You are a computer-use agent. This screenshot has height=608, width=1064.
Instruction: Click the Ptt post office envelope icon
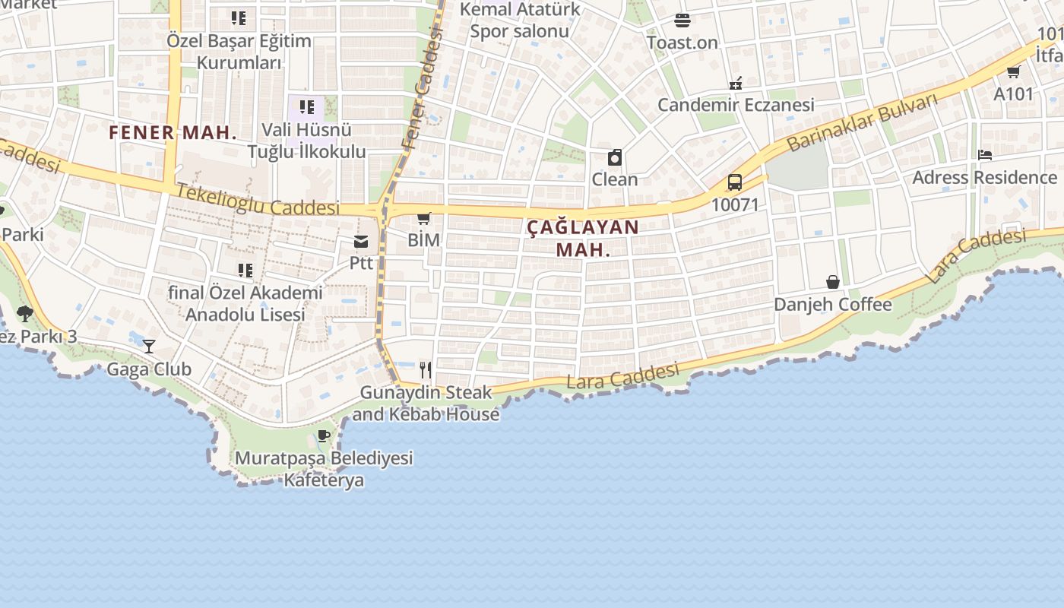[x=361, y=242]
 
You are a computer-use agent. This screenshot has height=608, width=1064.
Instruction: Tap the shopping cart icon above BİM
[x=424, y=219]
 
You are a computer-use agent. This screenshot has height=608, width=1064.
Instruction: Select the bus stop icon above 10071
[x=735, y=182]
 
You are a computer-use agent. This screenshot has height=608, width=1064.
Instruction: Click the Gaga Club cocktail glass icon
[x=149, y=347]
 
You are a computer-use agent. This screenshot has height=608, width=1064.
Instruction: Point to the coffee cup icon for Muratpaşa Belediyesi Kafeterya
[x=324, y=435]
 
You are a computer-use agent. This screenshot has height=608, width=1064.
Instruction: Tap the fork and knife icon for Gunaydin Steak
[x=426, y=370]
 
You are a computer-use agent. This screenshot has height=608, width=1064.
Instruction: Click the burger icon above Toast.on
[x=682, y=21]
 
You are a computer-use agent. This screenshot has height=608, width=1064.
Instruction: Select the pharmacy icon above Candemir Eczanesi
[x=736, y=83]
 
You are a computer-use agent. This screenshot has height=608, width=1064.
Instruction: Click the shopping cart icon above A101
[x=1013, y=72]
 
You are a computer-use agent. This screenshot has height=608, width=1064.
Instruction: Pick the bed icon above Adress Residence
[x=985, y=155]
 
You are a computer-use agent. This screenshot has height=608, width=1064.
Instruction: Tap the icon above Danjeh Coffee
[x=833, y=282]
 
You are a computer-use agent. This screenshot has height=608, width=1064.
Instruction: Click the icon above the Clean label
[x=615, y=157]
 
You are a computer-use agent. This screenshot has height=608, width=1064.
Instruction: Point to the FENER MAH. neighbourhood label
[x=173, y=132]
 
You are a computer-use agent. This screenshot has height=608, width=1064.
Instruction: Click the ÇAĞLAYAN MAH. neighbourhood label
[x=583, y=238]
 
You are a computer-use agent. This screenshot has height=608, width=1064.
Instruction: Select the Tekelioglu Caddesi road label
[x=258, y=200]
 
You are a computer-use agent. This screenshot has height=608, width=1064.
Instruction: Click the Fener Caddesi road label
[x=423, y=87]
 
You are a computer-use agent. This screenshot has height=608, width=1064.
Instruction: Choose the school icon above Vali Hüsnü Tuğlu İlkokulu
[x=307, y=107]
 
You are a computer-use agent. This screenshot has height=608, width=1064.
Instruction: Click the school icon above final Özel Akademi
[x=245, y=271]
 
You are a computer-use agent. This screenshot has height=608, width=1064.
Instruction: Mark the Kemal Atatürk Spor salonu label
[x=520, y=21]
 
